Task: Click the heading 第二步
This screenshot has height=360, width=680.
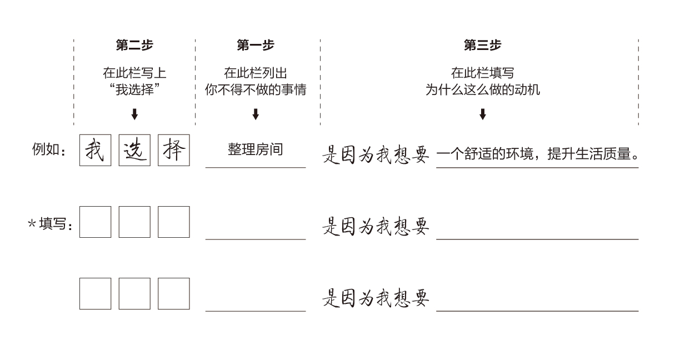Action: [x=134, y=46]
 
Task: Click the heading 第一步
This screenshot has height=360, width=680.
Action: [x=255, y=46]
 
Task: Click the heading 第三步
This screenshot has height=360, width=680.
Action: [x=482, y=46]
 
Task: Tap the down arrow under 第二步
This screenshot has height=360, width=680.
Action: [x=134, y=114]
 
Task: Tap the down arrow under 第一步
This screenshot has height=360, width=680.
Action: [x=255, y=114]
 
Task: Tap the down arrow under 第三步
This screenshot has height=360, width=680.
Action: [x=482, y=114]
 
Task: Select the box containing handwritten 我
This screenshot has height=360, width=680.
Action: [x=95, y=150]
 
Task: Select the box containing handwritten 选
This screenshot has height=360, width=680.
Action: [x=134, y=150]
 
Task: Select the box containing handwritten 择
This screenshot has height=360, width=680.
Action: [x=173, y=150]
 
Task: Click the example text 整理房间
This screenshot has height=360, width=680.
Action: [x=255, y=149]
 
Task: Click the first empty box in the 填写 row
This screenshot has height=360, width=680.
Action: [x=95, y=222]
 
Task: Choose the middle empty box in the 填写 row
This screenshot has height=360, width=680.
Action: [x=134, y=222]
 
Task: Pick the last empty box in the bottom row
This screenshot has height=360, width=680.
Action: [x=173, y=293]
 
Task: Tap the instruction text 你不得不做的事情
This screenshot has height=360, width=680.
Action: [x=255, y=90]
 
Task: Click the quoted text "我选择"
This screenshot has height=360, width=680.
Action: [x=134, y=90]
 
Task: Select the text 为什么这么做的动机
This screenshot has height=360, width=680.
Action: [x=482, y=90]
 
